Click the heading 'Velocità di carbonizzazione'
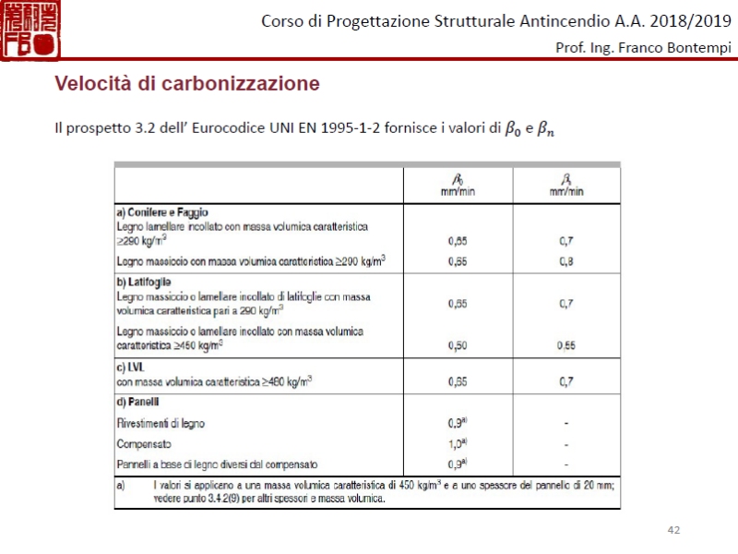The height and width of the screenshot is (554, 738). tap(187, 84)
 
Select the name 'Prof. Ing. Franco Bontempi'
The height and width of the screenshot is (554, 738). tap(642, 48)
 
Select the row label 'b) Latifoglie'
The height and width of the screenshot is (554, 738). tap(144, 282)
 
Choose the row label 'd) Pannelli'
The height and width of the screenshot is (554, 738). tap(138, 402)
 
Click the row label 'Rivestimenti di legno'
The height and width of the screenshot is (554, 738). tap(161, 423)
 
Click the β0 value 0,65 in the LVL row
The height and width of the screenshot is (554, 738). tap(457, 380)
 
